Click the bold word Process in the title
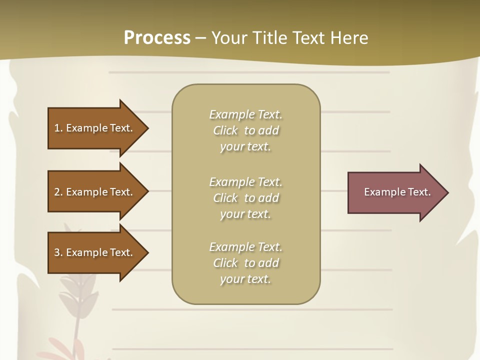[157, 38]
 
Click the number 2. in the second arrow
[58, 192]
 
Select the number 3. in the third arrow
[58, 252]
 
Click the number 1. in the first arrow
[58, 128]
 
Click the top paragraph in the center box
[245, 130]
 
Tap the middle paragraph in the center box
[245, 197]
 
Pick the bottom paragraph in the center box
[245, 263]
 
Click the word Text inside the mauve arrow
[419, 192]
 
